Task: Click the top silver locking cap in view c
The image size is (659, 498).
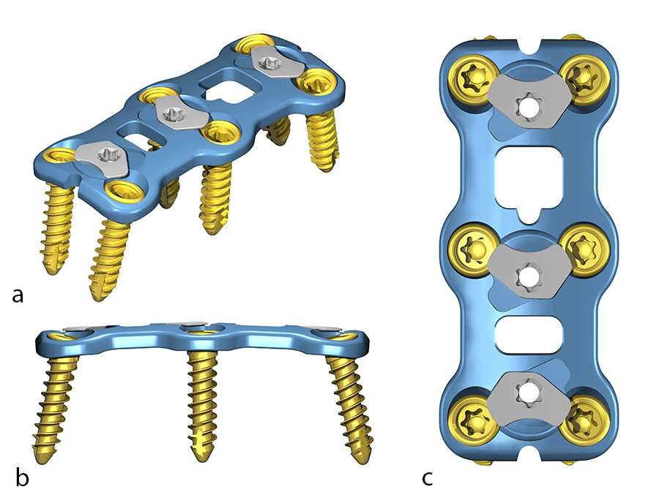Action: [x=526, y=103]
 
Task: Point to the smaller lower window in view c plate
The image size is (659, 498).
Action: [x=527, y=332]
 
